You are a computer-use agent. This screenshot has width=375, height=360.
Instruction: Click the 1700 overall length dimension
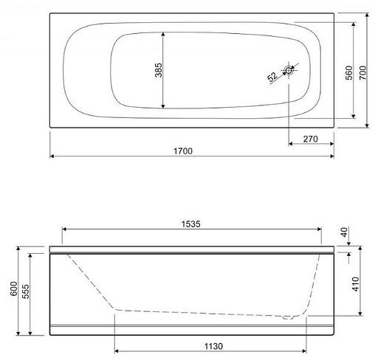(x=183, y=150)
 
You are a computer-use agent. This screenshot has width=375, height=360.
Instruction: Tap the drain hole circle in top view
(x=288, y=72)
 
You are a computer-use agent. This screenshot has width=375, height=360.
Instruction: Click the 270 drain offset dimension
(x=310, y=138)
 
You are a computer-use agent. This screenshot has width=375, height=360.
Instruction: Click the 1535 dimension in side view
(x=192, y=223)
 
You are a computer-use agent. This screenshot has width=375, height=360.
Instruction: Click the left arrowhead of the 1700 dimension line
(x=53, y=156)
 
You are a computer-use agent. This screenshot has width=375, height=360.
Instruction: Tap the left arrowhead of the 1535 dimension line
(x=65, y=229)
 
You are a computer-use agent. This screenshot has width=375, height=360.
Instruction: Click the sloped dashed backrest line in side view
(x=89, y=280)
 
